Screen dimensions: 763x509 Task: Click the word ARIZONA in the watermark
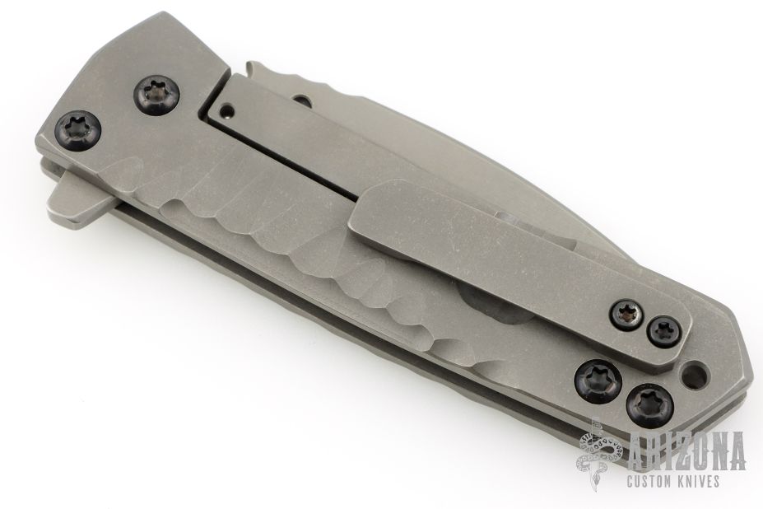point(686,451)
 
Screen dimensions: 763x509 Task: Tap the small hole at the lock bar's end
point(225,109)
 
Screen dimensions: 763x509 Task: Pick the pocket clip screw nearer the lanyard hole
point(663,332)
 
